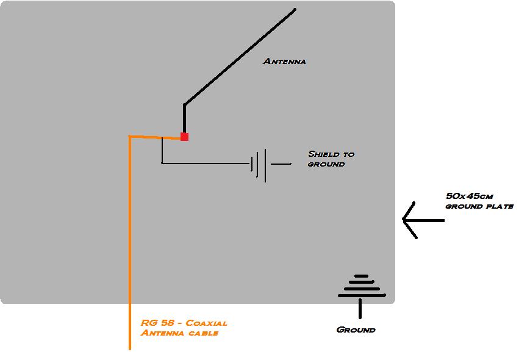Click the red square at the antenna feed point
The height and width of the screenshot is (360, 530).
click(184, 137)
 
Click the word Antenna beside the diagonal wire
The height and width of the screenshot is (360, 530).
click(284, 61)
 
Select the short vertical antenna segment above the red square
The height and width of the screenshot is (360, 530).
click(184, 118)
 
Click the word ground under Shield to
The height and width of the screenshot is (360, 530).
click(326, 164)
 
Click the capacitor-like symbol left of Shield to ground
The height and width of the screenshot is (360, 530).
click(261, 164)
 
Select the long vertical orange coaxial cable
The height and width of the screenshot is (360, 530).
click(130, 244)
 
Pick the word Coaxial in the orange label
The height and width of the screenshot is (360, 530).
click(206, 323)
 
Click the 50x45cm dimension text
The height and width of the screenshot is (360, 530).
click(470, 196)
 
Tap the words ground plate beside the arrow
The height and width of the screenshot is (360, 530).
click(479, 206)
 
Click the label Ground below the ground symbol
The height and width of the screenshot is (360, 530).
click(356, 329)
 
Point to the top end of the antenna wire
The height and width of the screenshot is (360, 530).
click(295, 9)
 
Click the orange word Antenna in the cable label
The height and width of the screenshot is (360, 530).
click(159, 333)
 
